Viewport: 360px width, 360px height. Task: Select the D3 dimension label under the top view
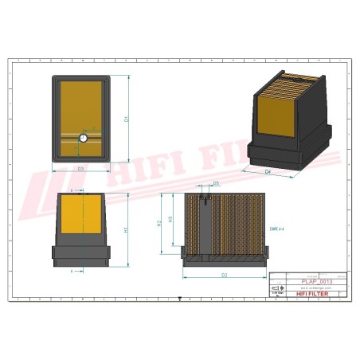tap(80, 170)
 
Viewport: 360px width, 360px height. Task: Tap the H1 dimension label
tap(126, 229)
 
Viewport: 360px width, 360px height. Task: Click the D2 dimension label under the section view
tap(225, 275)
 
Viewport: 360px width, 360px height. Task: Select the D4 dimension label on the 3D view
tap(268, 171)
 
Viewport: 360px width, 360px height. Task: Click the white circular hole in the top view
tap(82, 139)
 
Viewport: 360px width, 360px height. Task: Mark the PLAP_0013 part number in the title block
tap(317, 282)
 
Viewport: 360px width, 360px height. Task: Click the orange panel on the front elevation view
tap(80, 217)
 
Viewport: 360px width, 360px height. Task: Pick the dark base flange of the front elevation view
tap(80, 254)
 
